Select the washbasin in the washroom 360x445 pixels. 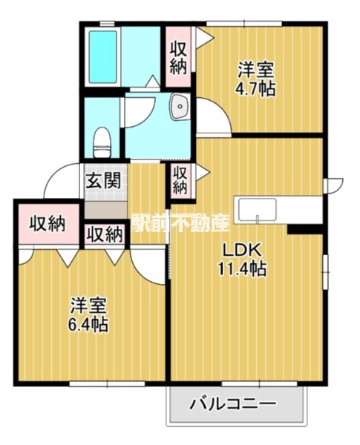click(x=179, y=109)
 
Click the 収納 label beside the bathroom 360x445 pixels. click(x=177, y=57)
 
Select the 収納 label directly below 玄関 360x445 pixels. click(x=104, y=234)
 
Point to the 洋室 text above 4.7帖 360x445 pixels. click(x=255, y=70)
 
